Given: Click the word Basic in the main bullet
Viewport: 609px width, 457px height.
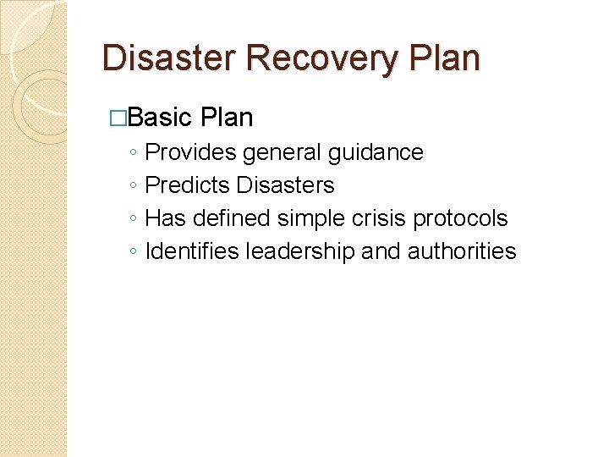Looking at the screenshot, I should point(162,117).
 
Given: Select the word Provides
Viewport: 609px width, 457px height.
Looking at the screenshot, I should point(191,152).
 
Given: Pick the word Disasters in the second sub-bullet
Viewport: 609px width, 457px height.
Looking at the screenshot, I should point(286,185).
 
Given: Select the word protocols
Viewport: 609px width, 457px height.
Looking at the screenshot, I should point(461,218).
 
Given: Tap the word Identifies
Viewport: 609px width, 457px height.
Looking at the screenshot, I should point(192,251).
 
